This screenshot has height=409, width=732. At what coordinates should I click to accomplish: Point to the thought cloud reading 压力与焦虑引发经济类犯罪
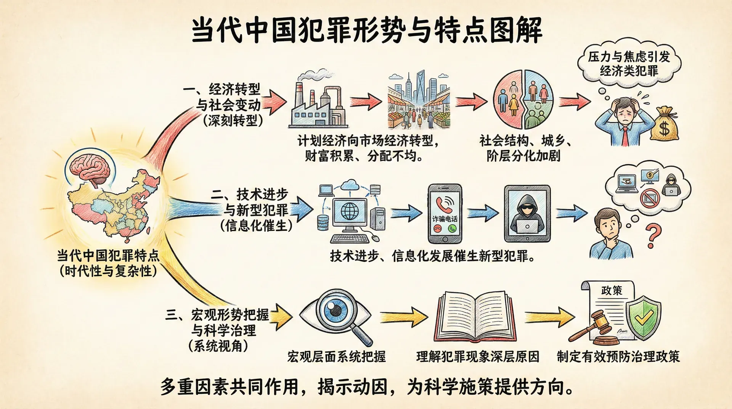629,63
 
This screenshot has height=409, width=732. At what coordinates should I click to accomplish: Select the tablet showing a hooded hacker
527,214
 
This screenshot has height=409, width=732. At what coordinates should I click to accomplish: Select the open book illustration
475,317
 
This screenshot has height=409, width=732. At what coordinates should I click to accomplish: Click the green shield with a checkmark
644,317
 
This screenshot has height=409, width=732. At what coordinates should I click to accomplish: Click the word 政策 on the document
612,291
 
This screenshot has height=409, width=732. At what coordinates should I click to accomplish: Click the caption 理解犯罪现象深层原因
478,357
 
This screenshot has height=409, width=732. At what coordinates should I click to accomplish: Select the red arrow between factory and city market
365,101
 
